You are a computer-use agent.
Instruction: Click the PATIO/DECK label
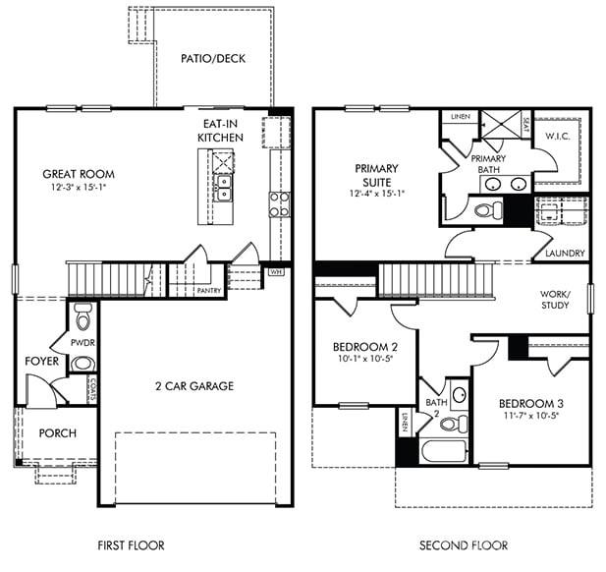(213, 58)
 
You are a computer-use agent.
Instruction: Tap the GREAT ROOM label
(78, 174)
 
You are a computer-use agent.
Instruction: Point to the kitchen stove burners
(279, 204)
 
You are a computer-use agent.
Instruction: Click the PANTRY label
(208, 291)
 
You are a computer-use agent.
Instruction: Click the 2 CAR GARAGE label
(194, 386)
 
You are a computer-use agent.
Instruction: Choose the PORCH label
(57, 433)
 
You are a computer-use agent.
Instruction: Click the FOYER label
(42, 362)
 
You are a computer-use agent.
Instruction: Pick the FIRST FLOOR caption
(131, 544)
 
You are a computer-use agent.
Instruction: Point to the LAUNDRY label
(565, 254)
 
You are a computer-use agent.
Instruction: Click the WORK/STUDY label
(555, 299)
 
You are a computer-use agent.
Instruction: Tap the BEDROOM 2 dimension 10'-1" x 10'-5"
(364, 360)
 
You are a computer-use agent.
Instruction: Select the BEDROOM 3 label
(530, 403)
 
